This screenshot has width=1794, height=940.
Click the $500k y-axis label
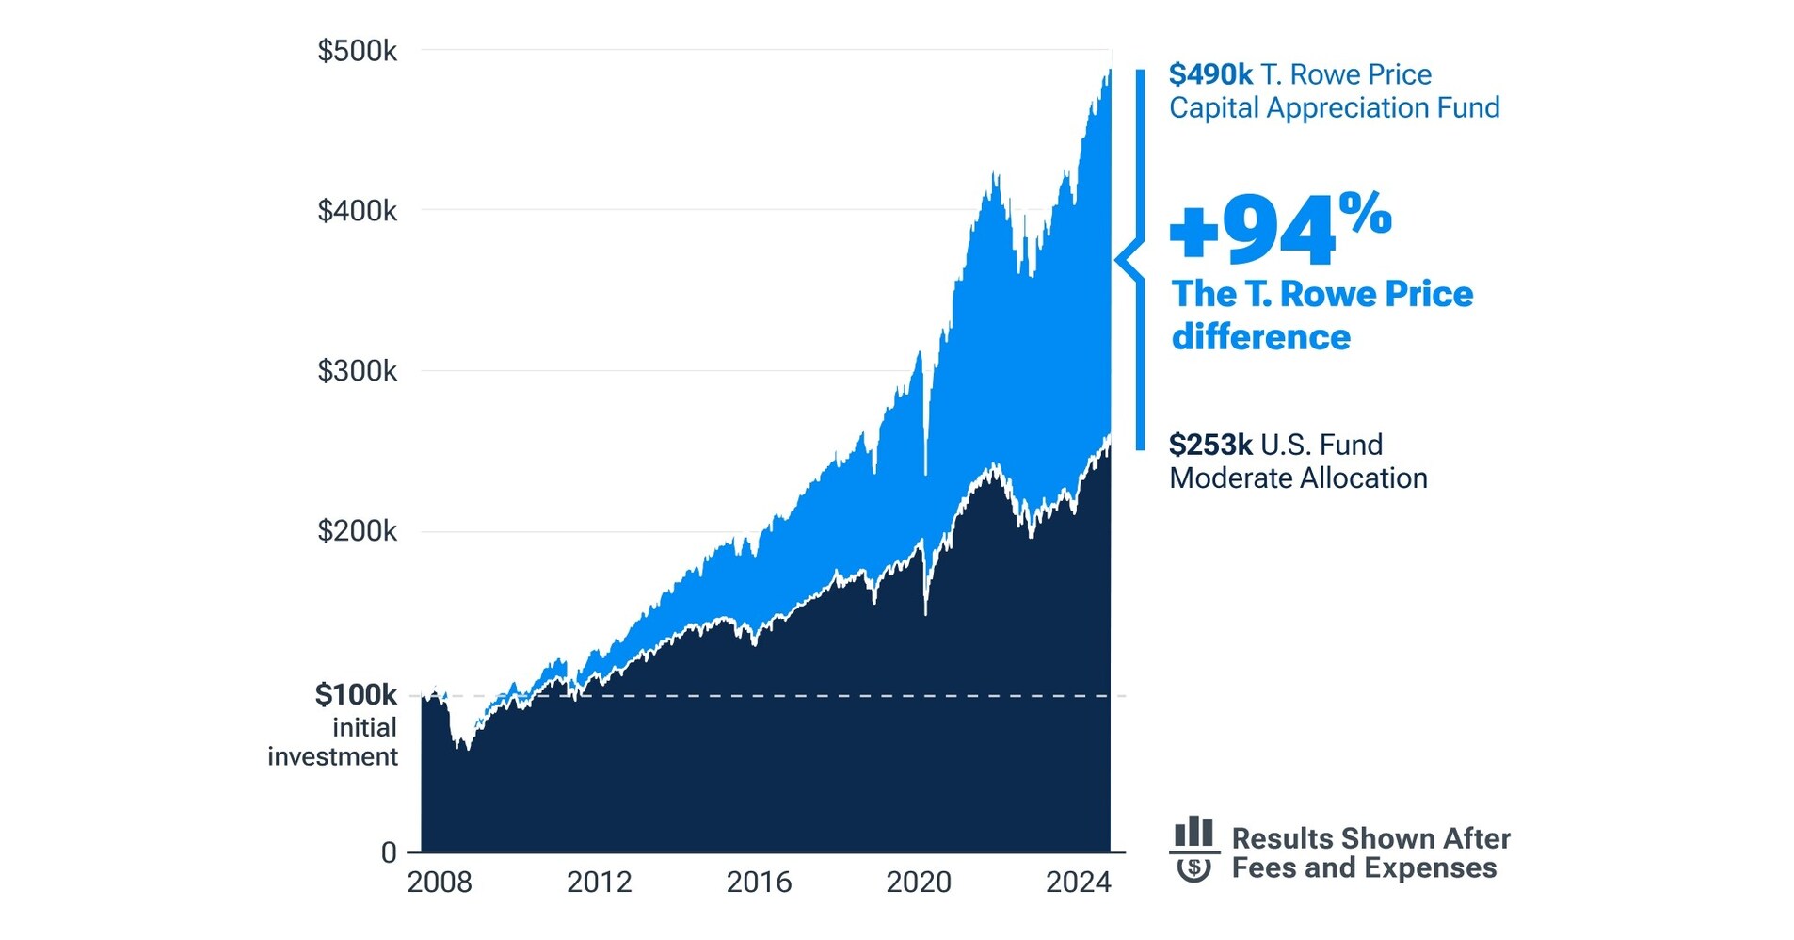(x=357, y=51)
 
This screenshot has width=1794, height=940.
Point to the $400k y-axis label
(x=357, y=211)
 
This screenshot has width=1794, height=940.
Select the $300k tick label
(x=357, y=371)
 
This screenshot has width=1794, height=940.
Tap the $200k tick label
(x=357, y=531)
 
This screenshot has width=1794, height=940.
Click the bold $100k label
(x=356, y=695)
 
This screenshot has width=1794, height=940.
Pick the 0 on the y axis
(x=389, y=853)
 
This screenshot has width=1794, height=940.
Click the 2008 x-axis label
(x=440, y=883)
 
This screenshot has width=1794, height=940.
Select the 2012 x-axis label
(x=600, y=883)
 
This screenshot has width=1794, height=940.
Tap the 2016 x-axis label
(x=759, y=883)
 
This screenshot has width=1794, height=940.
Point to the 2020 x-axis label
(x=919, y=883)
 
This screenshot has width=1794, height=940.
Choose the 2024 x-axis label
(x=1079, y=883)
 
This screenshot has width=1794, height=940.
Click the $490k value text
(x=1210, y=74)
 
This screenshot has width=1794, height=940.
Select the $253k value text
(x=1210, y=445)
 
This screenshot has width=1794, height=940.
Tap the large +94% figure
(x=1278, y=229)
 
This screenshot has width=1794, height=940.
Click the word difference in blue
(x=1260, y=337)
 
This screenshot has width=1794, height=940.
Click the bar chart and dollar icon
(x=1193, y=850)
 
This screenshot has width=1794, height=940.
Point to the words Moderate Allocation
(x=1298, y=478)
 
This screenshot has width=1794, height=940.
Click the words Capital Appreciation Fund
(x=1334, y=108)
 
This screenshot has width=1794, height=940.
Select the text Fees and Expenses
(x=1364, y=868)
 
